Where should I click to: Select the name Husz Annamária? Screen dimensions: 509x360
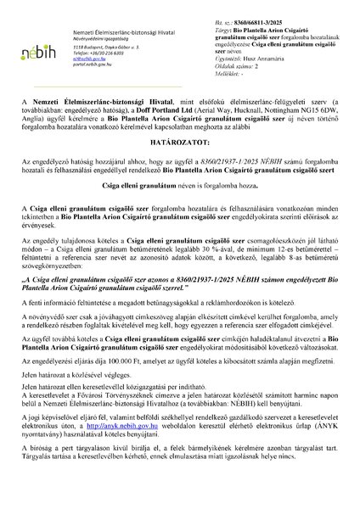[x=267, y=47]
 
